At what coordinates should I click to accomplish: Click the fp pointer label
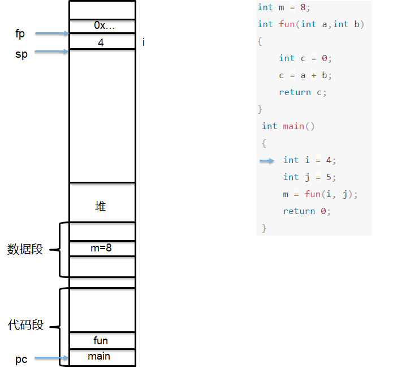pyautogui.click(x=20, y=34)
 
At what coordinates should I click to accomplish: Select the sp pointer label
pyautogui.click(x=21, y=54)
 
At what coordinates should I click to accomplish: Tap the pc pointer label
pyautogui.click(x=21, y=360)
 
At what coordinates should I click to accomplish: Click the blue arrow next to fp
pyautogui.click(x=52, y=33)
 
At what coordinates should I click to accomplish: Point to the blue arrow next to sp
pyautogui.click(x=52, y=52)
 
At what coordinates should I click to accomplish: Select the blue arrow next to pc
pyautogui.click(x=51, y=358)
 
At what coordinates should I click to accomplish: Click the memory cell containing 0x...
pyautogui.click(x=102, y=26)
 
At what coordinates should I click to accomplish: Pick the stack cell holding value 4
pyautogui.click(x=102, y=41)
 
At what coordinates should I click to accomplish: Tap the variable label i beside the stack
pyautogui.click(x=144, y=42)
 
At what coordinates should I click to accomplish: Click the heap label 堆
pyautogui.click(x=101, y=206)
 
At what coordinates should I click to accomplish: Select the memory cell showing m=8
pyautogui.click(x=102, y=249)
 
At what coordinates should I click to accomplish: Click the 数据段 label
pyautogui.click(x=25, y=249)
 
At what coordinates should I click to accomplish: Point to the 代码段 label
pyautogui.click(x=25, y=325)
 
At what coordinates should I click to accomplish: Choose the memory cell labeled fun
pyautogui.click(x=102, y=341)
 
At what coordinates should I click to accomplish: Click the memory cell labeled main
pyautogui.click(x=102, y=357)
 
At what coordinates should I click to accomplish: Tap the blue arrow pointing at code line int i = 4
pyautogui.click(x=267, y=161)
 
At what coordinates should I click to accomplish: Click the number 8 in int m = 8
pyautogui.click(x=303, y=7)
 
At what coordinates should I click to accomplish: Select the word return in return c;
pyautogui.click(x=295, y=92)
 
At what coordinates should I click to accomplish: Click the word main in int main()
pyautogui.click(x=293, y=126)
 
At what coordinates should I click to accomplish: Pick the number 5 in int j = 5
pyautogui.click(x=329, y=177)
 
